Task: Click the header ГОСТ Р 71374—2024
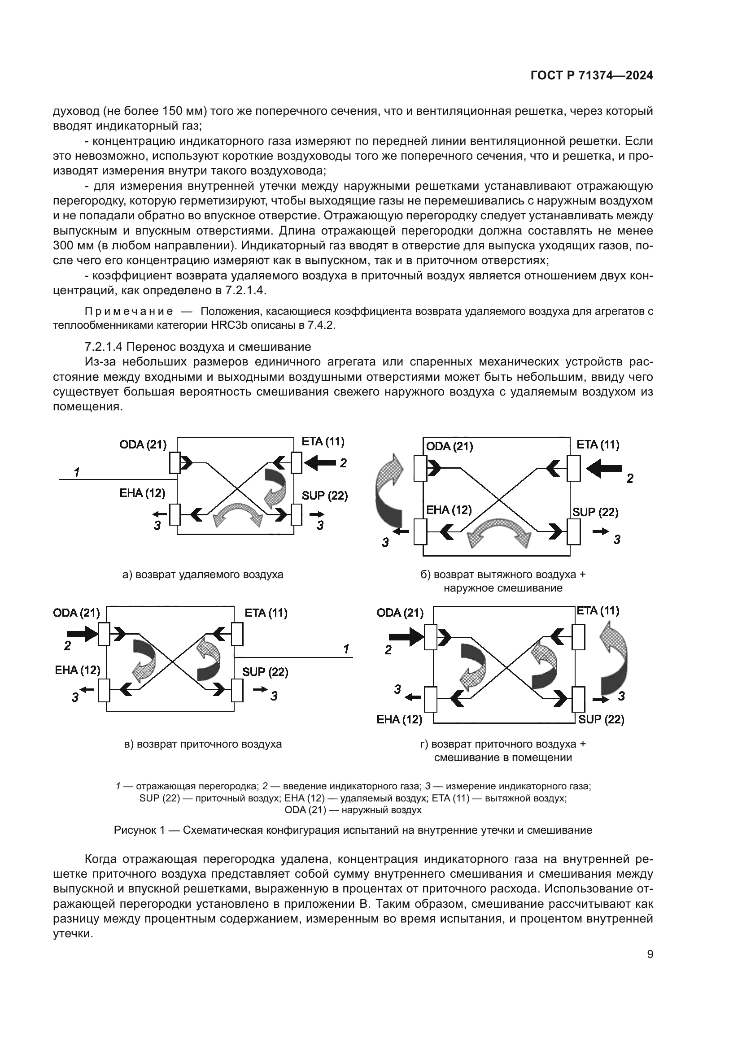pos(591,76)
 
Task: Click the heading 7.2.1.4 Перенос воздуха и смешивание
pos(198,347)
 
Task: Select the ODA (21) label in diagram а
pos(143,444)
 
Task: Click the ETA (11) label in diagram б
pos(598,444)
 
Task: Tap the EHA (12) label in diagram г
pos(399,719)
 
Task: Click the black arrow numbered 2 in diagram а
pos(320,464)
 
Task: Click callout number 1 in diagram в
pos(346,649)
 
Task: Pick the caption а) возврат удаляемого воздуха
pos(203,575)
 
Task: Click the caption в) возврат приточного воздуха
pos(203,744)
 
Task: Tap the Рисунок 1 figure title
pos(353,830)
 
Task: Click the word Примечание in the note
pos(129,312)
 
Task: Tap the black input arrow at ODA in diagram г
pos(405,636)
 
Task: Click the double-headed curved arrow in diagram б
pos(502,533)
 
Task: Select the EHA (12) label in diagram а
pos(142,493)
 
